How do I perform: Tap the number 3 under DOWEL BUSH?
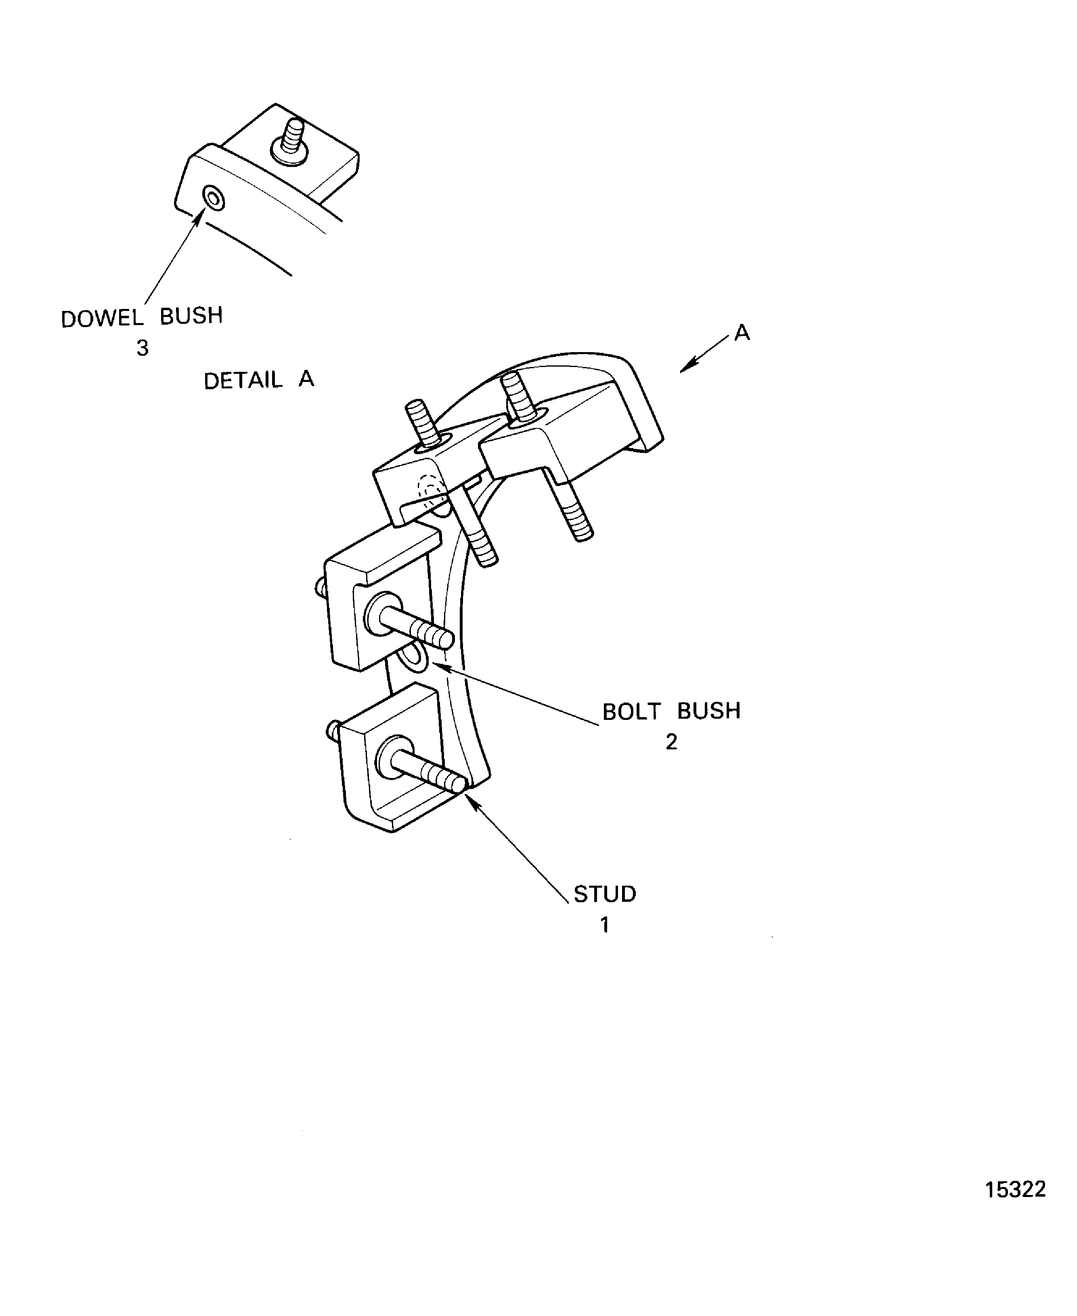click(142, 348)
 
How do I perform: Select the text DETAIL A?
click(259, 380)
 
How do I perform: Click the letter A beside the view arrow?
click(742, 333)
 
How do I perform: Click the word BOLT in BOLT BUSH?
click(632, 711)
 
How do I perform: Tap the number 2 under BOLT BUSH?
click(671, 742)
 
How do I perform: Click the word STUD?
click(605, 894)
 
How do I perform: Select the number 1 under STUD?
click(604, 926)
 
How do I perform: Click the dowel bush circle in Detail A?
click(214, 199)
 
